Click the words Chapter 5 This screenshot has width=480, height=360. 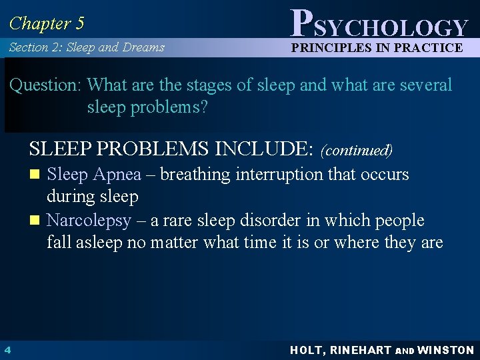(x=47, y=23)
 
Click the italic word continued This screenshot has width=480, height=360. (x=357, y=150)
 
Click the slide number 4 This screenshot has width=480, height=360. (x=7, y=350)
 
